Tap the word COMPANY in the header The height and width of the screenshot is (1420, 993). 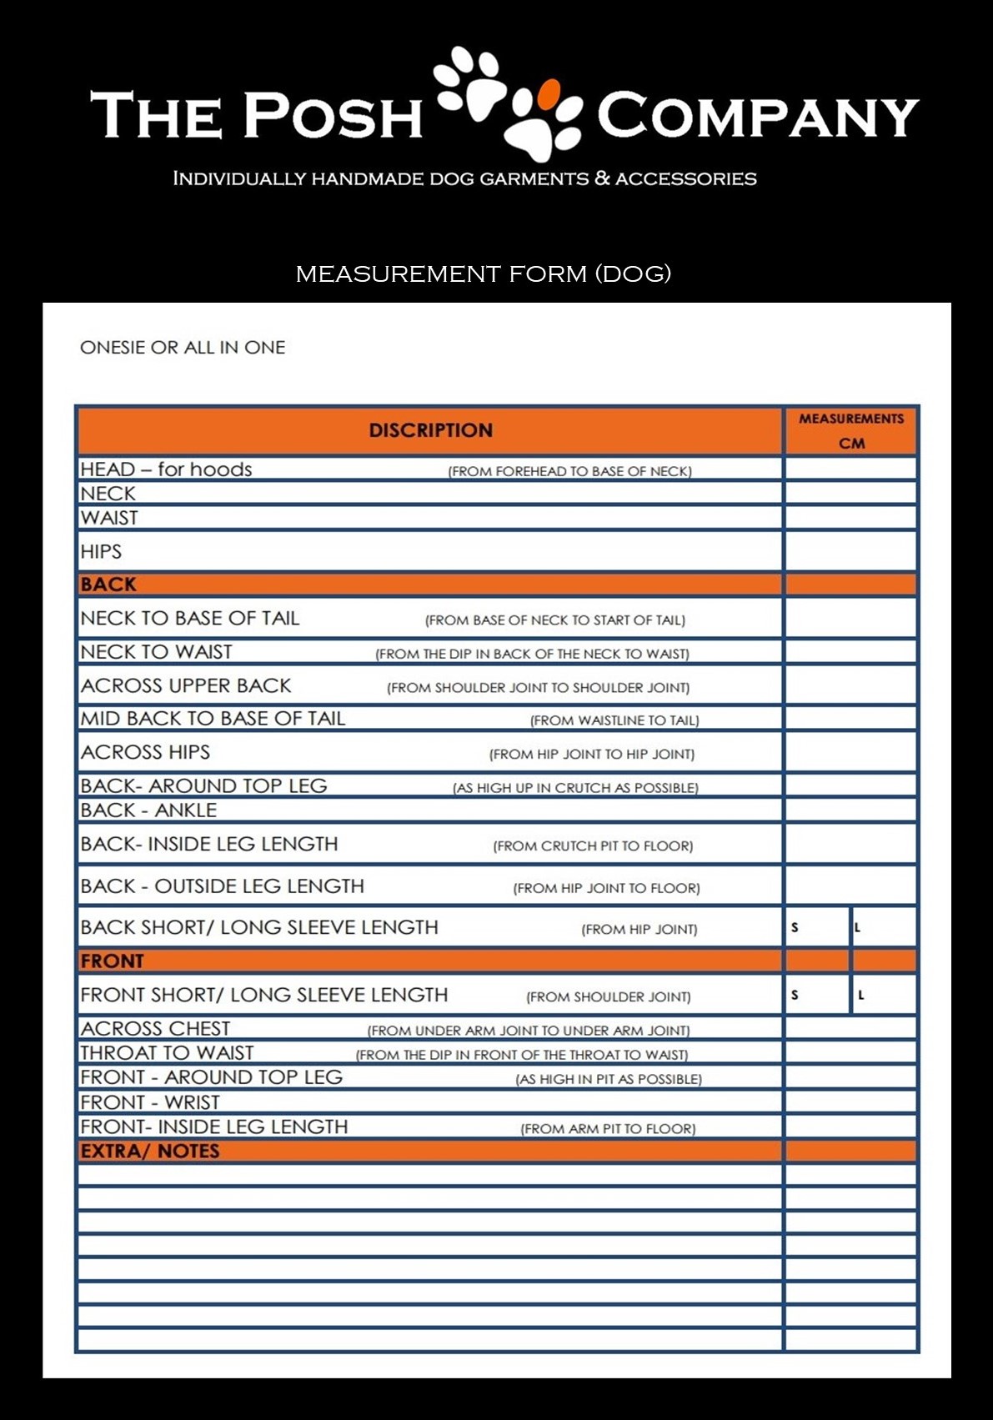[x=757, y=116]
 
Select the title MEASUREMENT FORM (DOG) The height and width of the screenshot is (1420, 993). [x=484, y=273]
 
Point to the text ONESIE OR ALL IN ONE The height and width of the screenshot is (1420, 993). [x=183, y=348]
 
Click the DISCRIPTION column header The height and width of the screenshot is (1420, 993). [x=430, y=430]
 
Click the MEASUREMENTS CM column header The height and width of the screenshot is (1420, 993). [x=850, y=430]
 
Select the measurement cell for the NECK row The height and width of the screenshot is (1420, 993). [x=850, y=493]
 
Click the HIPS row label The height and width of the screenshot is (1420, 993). [x=101, y=552]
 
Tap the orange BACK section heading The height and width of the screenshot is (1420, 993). [x=108, y=585]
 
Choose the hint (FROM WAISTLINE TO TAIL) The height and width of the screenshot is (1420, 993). [x=614, y=720]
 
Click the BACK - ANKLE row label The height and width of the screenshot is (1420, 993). [x=148, y=810]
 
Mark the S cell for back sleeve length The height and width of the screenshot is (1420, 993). [x=817, y=927]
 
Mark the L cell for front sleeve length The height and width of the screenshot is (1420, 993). [x=884, y=995]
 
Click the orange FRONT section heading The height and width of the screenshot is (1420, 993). [x=113, y=961]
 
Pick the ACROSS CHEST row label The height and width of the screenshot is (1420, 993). [x=155, y=1029]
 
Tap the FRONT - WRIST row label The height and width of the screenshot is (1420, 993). [x=150, y=1102]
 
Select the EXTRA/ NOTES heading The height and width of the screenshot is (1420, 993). [x=150, y=1152]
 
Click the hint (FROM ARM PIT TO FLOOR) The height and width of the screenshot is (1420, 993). [x=608, y=1129]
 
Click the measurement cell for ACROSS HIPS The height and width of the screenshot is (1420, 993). [x=850, y=752]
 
